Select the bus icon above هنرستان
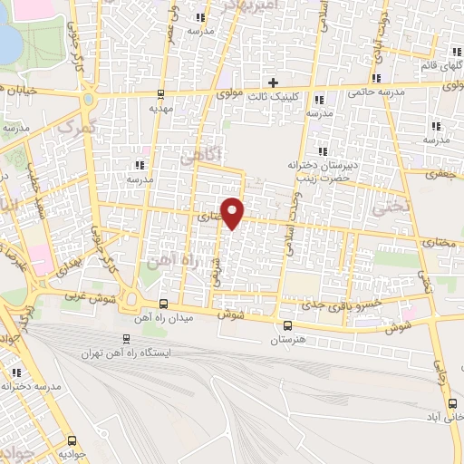[x=287, y=326]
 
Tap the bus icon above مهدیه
[x=160, y=92]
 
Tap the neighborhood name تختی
[x=391, y=207]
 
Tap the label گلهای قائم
[x=442, y=65]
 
